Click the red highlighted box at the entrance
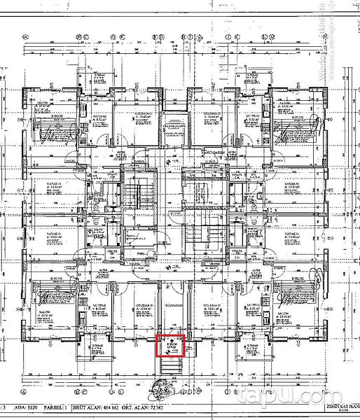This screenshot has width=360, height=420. (x=169, y=346)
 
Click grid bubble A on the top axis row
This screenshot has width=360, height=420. (x=26, y=38)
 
